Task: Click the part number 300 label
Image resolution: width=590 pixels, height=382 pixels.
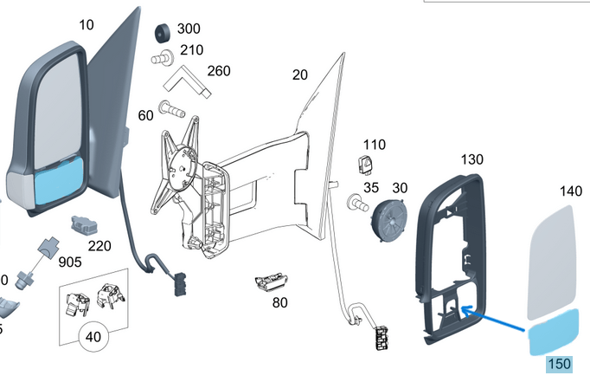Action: tap(189, 29)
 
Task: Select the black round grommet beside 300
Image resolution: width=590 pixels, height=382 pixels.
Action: tap(163, 33)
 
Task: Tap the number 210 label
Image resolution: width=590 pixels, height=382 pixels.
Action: tap(191, 50)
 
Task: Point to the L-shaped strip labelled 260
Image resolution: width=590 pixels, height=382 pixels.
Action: tap(187, 81)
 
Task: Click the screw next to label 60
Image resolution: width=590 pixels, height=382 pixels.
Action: tap(172, 109)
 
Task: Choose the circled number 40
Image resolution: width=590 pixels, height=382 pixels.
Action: tap(93, 336)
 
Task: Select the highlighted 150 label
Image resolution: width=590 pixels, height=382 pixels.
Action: tap(560, 365)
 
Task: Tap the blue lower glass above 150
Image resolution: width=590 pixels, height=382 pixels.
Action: tap(554, 332)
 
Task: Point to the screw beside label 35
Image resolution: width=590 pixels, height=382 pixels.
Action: tap(357, 203)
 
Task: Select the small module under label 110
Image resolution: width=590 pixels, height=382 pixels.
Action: tap(365, 165)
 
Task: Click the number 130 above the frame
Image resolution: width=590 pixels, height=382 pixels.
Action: tap(471, 159)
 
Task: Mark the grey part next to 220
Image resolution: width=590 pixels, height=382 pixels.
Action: tap(85, 226)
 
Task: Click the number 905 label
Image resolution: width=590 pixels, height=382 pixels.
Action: tap(70, 262)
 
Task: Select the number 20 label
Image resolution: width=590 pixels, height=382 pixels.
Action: tap(300, 75)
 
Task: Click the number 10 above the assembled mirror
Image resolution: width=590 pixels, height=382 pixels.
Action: tap(87, 25)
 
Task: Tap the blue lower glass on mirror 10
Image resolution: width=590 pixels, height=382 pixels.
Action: tap(59, 181)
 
